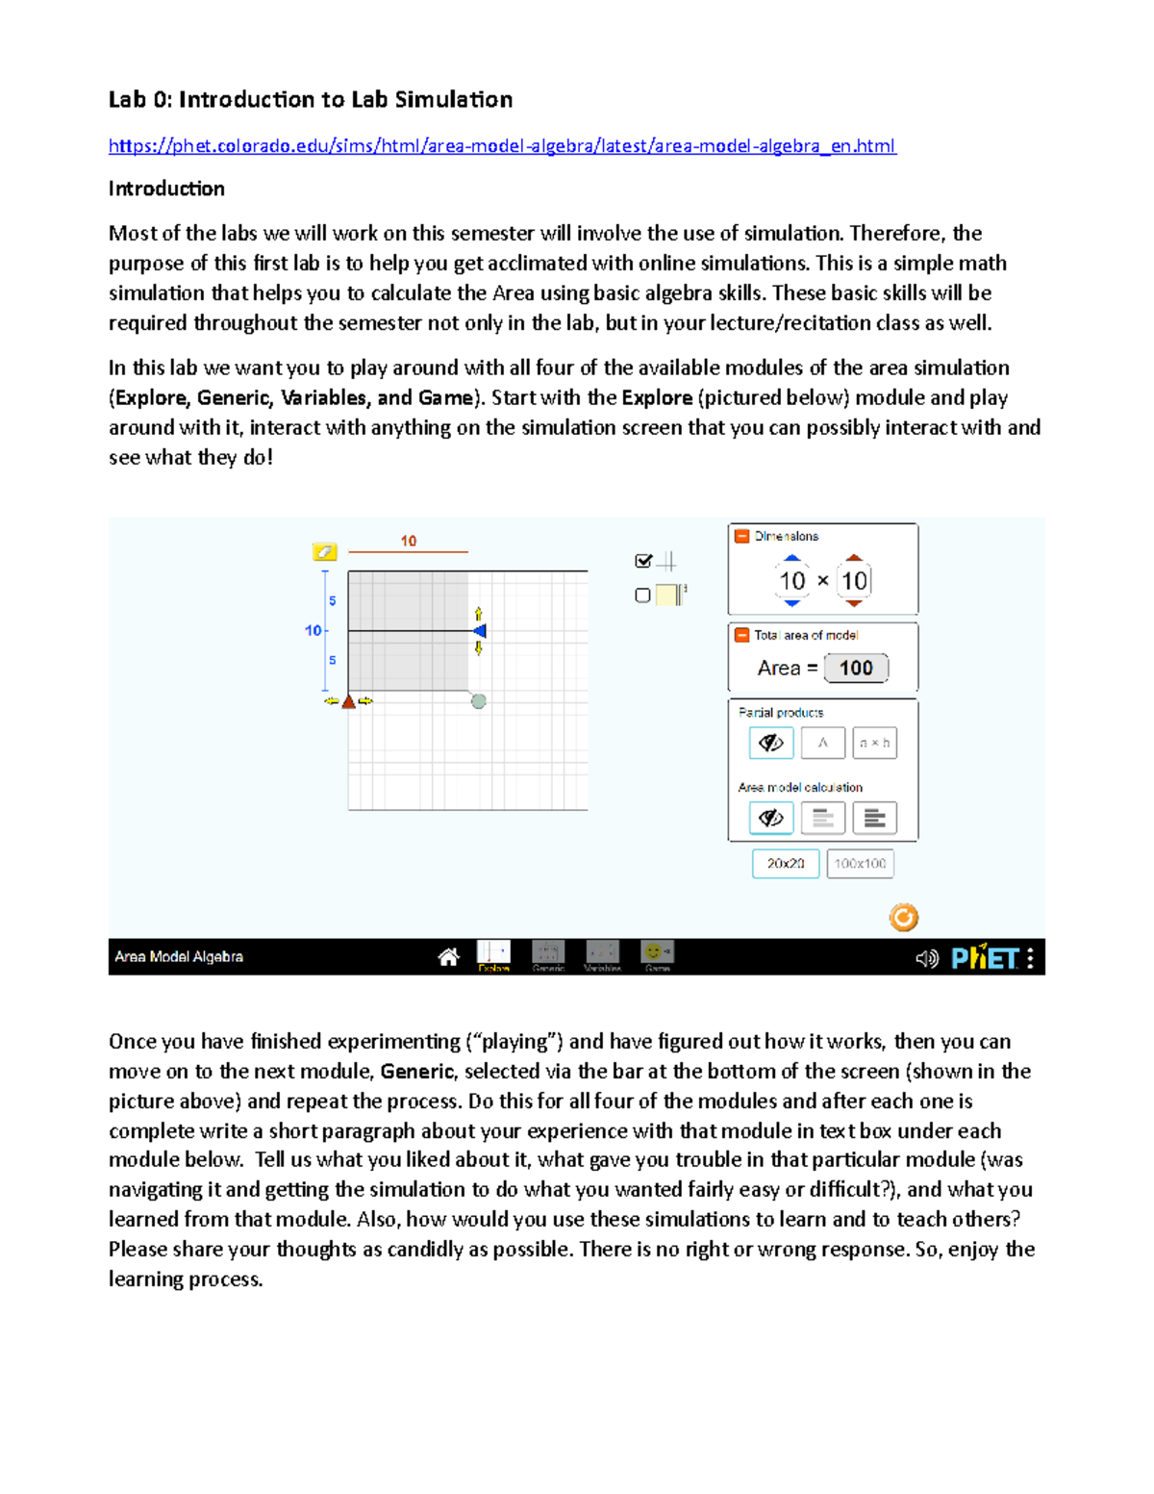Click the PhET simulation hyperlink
point(501,146)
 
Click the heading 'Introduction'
point(166,189)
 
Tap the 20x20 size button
point(785,864)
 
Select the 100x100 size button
point(860,864)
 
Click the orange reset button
point(903,918)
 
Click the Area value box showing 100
point(856,669)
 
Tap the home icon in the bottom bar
point(448,957)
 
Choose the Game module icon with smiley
point(658,954)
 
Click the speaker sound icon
point(926,958)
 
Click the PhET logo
point(984,958)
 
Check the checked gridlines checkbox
point(643,561)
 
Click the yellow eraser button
point(324,551)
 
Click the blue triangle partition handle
point(480,631)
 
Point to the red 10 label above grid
point(409,541)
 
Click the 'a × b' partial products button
point(874,743)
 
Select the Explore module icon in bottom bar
point(493,954)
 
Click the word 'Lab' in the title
point(127,100)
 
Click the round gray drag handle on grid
point(478,701)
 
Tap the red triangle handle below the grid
point(349,701)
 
